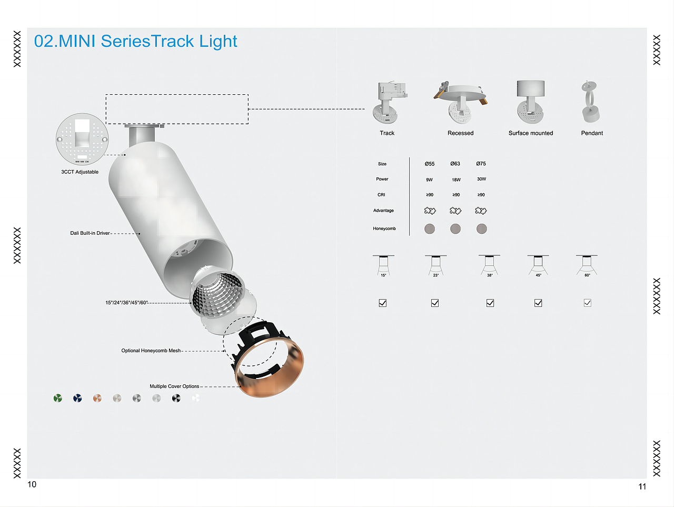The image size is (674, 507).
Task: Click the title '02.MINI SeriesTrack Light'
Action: click(135, 41)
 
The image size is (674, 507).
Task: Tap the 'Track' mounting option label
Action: click(387, 133)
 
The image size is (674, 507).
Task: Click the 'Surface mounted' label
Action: click(530, 133)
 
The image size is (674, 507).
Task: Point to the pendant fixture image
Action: click(590, 103)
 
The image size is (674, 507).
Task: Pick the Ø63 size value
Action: click(455, 164)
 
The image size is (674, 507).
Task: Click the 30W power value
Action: click(481, 179)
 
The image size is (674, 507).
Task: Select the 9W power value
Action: click(429, 180)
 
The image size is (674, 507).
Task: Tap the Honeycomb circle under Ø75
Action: click(481, 228)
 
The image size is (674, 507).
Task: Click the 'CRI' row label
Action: click(381, 195)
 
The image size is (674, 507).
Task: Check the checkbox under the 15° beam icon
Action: click(383, 303)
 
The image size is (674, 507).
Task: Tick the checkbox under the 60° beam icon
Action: click(587, 303)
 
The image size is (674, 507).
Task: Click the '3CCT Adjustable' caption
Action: click(80, 172)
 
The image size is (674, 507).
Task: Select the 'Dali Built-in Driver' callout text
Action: click(90, 233)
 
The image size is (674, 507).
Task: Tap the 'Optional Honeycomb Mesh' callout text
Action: click(151, 351)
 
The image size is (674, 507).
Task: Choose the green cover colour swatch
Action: click(57, 398)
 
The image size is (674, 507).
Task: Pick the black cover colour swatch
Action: click(176, 398)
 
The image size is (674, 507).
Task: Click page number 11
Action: click(642, 486)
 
